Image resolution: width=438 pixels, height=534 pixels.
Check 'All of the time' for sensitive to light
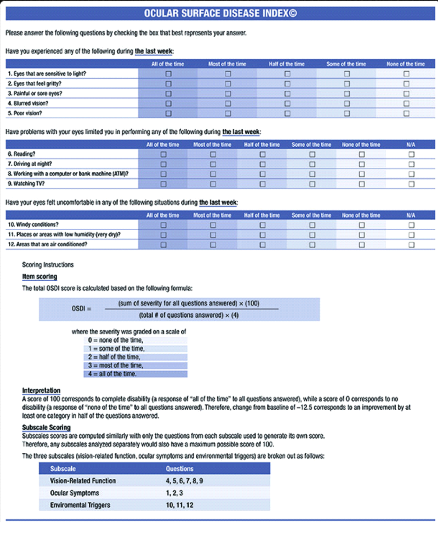168,74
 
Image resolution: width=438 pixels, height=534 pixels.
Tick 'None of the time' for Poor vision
406,113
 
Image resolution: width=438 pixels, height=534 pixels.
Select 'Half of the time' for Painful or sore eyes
287,94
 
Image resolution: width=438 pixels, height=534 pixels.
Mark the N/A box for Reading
411,154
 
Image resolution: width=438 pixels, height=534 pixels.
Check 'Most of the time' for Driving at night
213,164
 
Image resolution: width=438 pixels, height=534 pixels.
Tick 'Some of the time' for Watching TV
312,184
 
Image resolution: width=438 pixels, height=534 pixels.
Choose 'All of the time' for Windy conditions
163,225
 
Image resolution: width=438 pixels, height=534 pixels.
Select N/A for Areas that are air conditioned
411,245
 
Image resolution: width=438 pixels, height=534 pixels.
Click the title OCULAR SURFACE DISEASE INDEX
220,13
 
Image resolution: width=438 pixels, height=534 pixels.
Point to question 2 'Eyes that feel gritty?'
35,84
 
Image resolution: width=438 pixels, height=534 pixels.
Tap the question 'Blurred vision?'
28,104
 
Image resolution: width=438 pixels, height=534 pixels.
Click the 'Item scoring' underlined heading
39,277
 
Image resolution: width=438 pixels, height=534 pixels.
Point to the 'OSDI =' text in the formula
81,309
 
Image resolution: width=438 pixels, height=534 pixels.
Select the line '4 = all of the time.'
112,374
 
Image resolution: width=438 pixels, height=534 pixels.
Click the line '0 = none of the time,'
116,340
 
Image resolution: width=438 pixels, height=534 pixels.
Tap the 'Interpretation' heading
41,391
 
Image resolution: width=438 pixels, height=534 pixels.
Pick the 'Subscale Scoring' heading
46,427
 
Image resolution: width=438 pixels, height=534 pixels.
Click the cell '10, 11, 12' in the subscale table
180,505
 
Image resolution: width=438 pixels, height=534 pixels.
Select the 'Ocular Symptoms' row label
75,493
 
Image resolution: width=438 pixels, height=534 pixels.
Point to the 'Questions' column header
180,469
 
